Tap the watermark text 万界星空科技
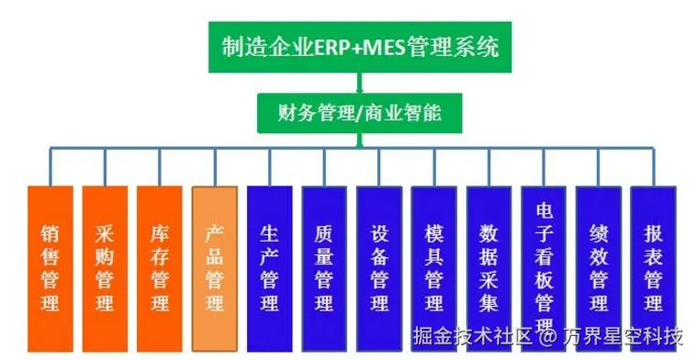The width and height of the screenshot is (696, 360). pyautogui.click(x=624, y=334)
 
